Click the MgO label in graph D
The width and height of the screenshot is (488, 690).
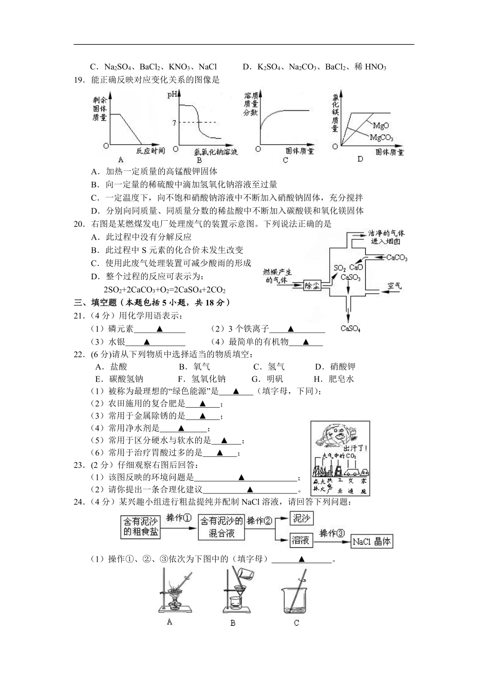pos(381,125)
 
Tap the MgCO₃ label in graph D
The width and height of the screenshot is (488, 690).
pos(381,138)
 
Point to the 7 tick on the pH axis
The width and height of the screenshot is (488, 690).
pos(175,122)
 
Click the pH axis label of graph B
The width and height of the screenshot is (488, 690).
pos(172,94)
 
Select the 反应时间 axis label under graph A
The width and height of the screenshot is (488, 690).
pos(151,150)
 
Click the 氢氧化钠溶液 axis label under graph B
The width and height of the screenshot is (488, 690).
pos(216,152)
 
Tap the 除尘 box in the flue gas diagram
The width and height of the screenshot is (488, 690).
pos(312,285)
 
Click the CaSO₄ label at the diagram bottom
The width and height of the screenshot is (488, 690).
pos(350,329)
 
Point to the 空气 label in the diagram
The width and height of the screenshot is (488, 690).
pos(395,285)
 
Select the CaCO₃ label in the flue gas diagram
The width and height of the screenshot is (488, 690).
pos(397,258)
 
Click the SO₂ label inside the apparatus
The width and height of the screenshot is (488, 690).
pos(339,268)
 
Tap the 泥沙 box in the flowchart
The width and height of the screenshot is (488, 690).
pos(302,519)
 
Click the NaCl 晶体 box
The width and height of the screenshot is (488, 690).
pos(371,541)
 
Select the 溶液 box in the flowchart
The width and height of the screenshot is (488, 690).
pos(301,540)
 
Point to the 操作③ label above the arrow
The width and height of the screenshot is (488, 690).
pos(332,533)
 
